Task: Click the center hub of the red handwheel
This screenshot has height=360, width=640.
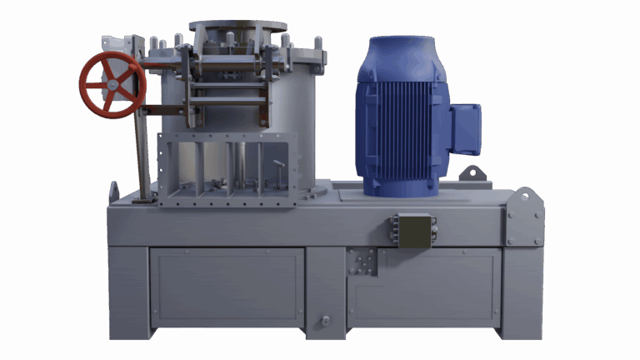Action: (x=112, y=85)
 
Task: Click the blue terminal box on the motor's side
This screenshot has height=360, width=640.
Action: (x=465, y=128)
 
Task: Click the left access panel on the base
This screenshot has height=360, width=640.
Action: (x=227, y=288)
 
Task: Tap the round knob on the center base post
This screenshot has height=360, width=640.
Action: (x=325, y=320)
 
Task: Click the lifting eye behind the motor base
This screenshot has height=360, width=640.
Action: (x=472, y=172)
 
